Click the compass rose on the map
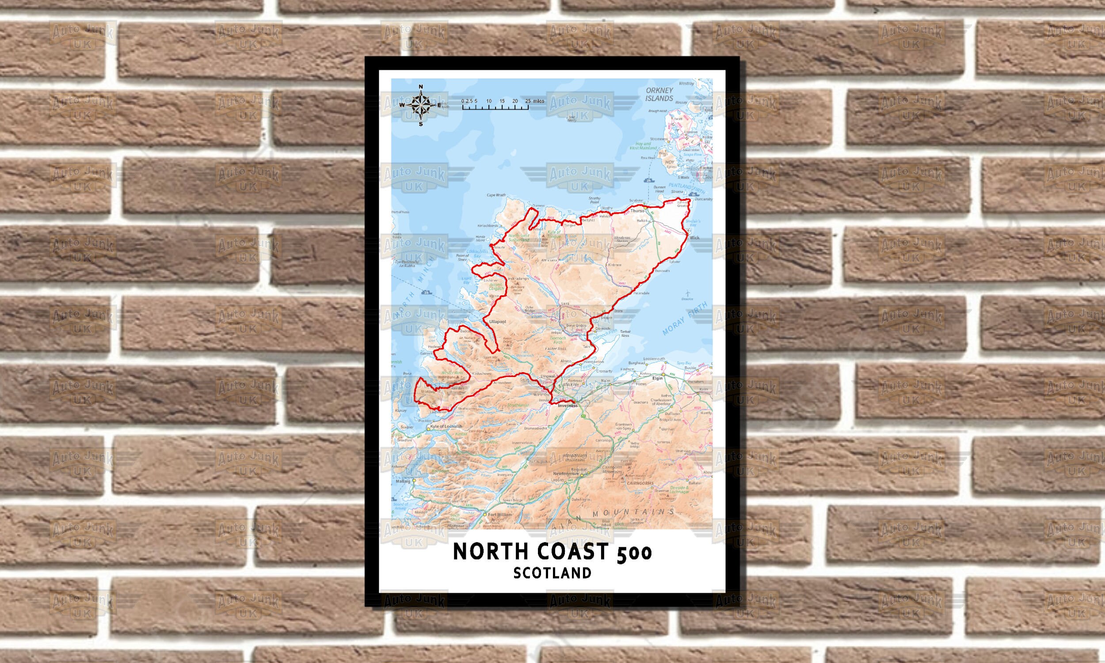click(420, 106)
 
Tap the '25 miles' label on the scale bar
click(536, 101)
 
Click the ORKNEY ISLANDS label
click(659, 94)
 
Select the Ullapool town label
click(497, 322)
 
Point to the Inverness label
click(567, 406)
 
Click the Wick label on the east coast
click(694, 238)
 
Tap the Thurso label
click(637, 210)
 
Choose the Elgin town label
click(657, 378)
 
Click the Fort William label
click(500, 514)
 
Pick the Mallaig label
click(403, 482)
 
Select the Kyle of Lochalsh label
click(447, 427)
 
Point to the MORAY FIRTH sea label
click(685, 319)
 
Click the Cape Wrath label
click(496, 195)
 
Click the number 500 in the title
click(634, 552)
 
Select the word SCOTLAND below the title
click(552, 573)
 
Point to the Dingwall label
click(548, 376)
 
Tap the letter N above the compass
click(420, 87)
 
